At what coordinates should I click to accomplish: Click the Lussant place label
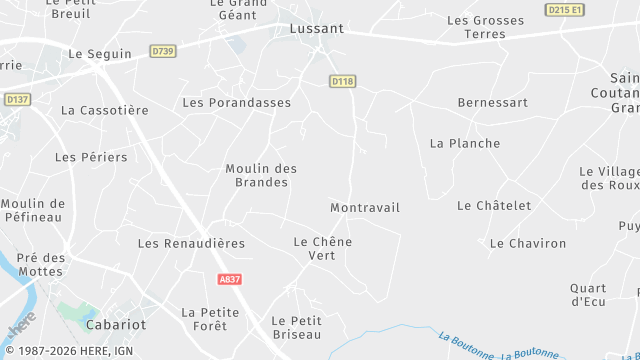point(316,29)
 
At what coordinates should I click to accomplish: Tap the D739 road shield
point(161,50)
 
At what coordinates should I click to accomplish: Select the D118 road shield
point(342,80)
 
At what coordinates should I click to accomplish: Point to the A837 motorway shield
point(229,280)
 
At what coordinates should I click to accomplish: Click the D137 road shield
point(17,99)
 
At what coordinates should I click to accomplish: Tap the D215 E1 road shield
point(565,9)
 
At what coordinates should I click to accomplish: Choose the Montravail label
point(364,207)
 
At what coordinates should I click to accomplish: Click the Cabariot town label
point(115,325)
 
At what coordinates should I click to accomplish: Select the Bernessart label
point(491,102)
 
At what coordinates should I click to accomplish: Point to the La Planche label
point(464,143)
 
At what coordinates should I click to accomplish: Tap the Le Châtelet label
point(494,205)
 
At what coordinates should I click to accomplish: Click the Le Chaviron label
point(527,243)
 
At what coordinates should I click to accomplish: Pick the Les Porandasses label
point(237,102)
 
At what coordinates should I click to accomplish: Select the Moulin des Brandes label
point(261,175)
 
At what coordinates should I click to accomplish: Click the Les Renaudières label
point(191,243)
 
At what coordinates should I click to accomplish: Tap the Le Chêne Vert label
point(322,248)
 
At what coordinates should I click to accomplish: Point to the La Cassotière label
point(104,111)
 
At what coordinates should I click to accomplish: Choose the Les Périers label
point(91,157)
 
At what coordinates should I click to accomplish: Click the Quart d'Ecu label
point(588,295)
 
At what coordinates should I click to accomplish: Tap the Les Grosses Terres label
point(486,27)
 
